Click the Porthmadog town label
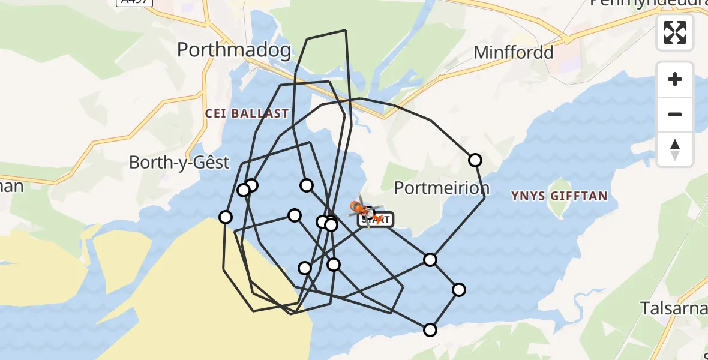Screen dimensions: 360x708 point(234,50)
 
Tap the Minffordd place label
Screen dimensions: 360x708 point(513,53)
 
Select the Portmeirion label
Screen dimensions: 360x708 point(442,188)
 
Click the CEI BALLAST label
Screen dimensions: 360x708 point(247,113)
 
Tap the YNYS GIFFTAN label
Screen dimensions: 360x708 point(559,196)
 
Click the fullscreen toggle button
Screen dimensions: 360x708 point(675,32)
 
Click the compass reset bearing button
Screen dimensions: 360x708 point(675,150)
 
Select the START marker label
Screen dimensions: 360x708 point(376,220)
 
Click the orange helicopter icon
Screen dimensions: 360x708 point(363,209)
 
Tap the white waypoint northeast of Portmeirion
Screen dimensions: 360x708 point(475,160)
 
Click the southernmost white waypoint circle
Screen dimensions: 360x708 point(430,329)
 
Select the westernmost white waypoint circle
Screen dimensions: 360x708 point(226,217)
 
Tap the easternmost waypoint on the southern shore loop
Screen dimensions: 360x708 point(459,290)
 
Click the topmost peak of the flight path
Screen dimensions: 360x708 point(346,30)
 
